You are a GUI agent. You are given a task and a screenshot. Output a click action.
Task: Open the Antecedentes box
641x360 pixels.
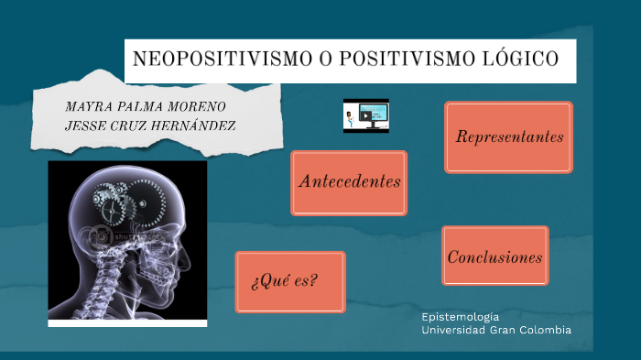tap(349, 181)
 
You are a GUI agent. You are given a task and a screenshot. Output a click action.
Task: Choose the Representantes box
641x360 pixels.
tap(508, 137)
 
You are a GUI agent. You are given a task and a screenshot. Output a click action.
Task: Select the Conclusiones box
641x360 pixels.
tap(494, 257)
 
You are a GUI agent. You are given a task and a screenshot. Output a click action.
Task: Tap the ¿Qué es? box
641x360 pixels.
tap(289, 280)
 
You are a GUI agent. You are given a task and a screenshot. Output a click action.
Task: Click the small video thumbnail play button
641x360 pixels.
tap(365, 115)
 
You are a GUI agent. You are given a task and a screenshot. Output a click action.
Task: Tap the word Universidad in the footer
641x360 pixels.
tap(454, 329)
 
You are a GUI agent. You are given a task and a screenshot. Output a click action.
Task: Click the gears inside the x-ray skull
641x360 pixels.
tap(127, 202)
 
